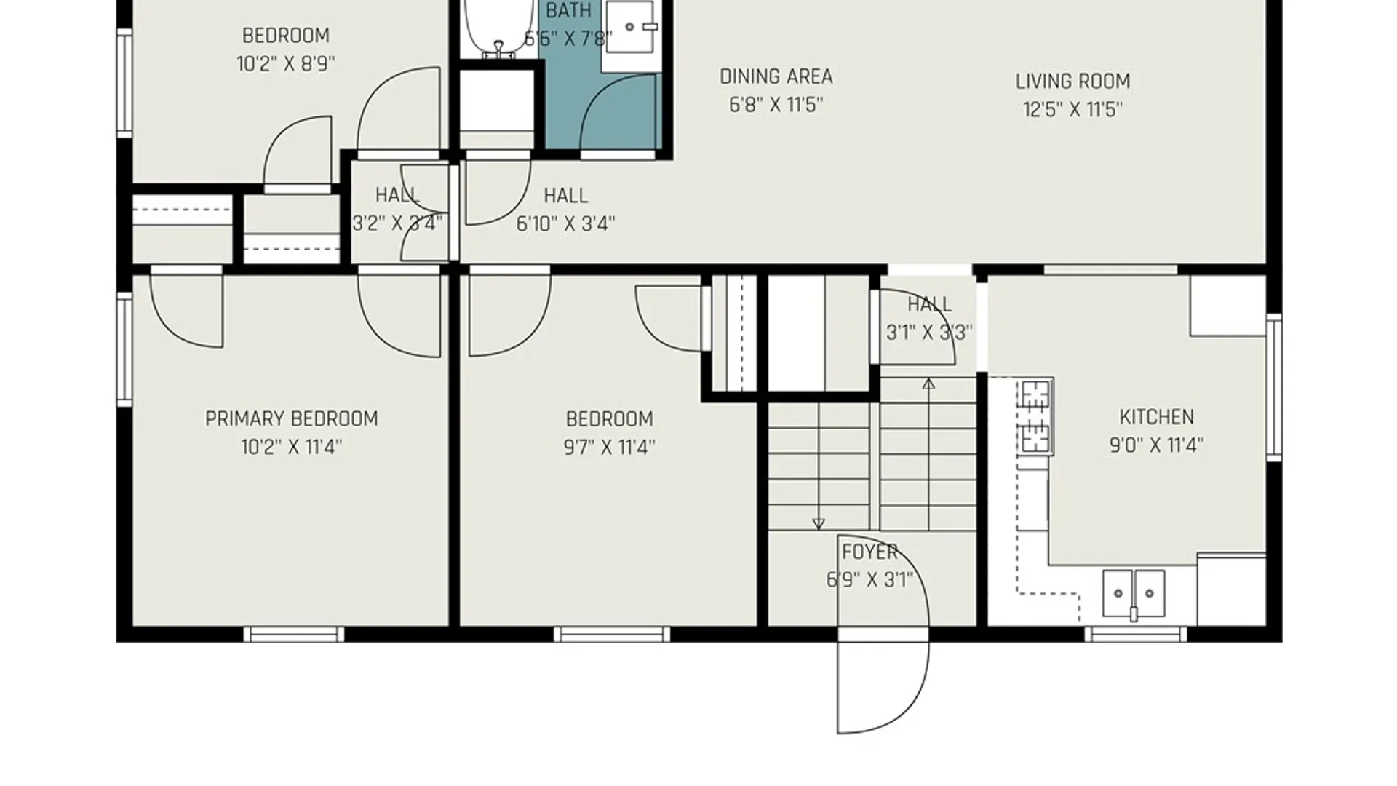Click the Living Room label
point(1072,82)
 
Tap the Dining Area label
point(776,76)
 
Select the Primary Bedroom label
point(291,419)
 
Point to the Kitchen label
point(1156,417)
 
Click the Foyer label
point(869,552)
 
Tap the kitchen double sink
point(1134,594)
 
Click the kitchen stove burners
point(1035,416)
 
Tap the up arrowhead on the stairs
point(928,383)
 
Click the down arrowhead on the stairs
point(819,523)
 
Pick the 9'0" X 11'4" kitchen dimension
point(1156,445)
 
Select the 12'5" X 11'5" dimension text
point(1072,110)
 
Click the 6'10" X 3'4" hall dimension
point(565,224)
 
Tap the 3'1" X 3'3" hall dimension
point(929,333)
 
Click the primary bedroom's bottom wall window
point(293,635)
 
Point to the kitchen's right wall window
point(1274,387)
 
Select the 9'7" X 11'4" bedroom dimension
point(609,448)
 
